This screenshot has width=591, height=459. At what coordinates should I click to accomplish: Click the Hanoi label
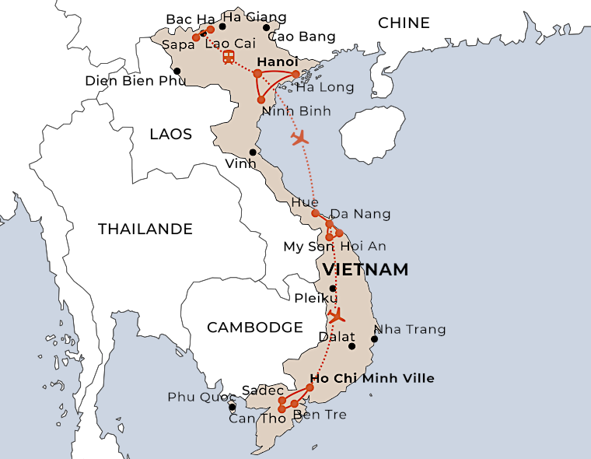pyautogui.click(x=277, y=61)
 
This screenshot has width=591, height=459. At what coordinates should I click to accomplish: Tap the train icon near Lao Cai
pyautogui.click(x=229, y=57)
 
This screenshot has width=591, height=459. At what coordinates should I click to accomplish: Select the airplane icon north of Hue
pyautogui.click(x=299, y=138)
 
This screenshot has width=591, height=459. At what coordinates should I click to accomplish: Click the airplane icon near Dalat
pyautogui.click(x=336, y=315)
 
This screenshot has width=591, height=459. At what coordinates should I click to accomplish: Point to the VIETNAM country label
pyautogui.click(x=365, y=269)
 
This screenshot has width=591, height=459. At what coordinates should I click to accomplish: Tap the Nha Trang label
pyautogui.click(x=411, y=329)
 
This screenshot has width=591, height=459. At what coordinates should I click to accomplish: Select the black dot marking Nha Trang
pyautogui.click(x=374, y=338)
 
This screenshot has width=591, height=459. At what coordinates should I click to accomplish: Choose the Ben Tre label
pyautogui.click(x=320, y=415)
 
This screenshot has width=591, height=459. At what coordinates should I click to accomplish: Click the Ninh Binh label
pyautogui.click(x=296, y=111)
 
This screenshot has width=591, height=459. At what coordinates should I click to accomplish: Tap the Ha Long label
pyautogui.click(x=324, y=88)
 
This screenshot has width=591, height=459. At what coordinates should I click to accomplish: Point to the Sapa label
pyautogui.click(x=178, y=45)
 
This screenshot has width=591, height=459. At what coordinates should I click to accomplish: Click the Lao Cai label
pyautogui.click(x=230, y=44)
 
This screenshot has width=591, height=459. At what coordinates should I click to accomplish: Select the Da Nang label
pyautogui.click(x=361, y=214)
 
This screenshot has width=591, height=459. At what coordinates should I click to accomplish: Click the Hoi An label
pyautogui.click(x=363, y=246)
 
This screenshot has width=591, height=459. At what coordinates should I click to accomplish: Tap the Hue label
pyautogui.click(x=304, y=202)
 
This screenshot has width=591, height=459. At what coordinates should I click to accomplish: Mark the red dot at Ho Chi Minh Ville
pyautogui.click(x=309, y=387)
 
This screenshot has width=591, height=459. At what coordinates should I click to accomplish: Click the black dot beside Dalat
pyautogui.click(x=351, y=346)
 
